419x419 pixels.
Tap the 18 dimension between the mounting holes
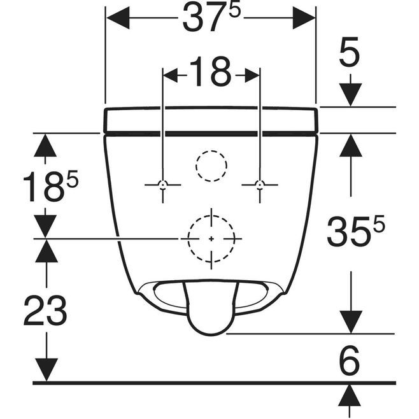tap(210, 71)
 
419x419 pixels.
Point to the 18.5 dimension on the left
tap(50, 185)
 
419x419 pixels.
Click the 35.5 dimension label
tap(356, 231)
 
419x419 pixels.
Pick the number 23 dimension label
tap(45, 310)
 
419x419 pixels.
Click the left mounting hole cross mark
tap(163, 185)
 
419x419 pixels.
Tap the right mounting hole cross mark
tap(260, 185)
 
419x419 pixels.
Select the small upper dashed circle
tap(211, 151)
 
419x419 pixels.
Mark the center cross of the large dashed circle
tap(211, 239)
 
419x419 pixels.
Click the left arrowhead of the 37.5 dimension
tap(118, 18)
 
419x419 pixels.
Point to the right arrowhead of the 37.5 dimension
tap(304, 18)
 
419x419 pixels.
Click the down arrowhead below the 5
tap(350, 95)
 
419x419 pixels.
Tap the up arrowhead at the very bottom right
tap(350, 396)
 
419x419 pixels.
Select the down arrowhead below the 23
tap(46, 370)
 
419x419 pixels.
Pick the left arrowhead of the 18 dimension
tap(171, 75)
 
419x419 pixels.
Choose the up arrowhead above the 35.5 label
tap(351, 145)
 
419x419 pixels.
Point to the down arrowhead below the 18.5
tap(45, 226)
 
